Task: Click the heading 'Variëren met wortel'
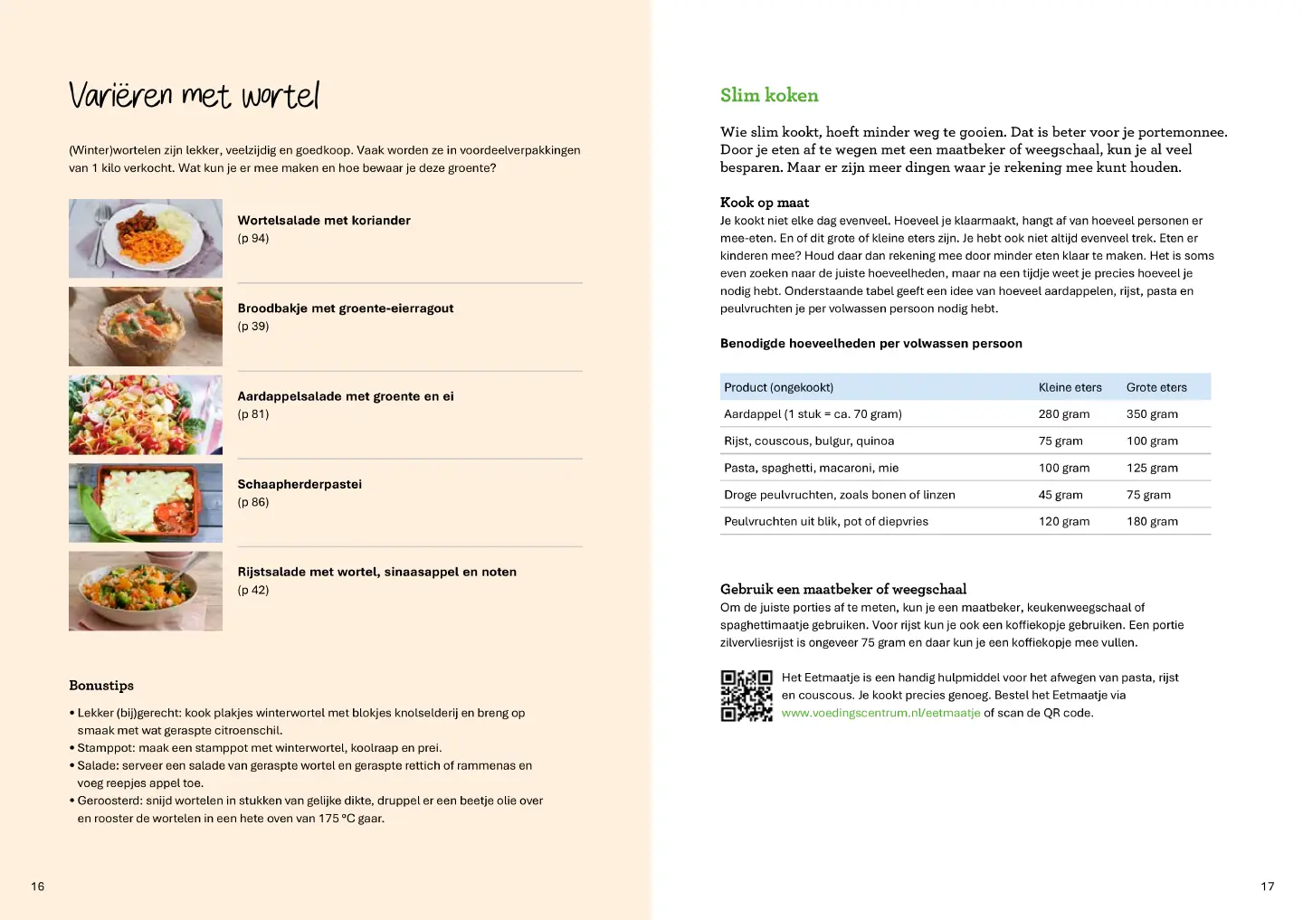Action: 194,95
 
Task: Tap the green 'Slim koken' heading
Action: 768,95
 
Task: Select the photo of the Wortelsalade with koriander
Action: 146,238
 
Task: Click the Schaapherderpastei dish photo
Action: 146,502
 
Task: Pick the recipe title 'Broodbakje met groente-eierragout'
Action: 345,308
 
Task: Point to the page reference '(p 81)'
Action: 253,414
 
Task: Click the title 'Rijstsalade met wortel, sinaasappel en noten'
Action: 376,572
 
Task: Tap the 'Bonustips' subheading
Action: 101,686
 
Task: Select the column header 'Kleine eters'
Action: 1070,387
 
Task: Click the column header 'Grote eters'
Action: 1156,387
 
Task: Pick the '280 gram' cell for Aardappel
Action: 1063,414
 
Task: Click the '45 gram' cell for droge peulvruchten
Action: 1060,495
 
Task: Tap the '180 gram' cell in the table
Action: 1151,522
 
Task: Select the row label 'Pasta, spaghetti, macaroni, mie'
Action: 811,468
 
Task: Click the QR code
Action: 746,696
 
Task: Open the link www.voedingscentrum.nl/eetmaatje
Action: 880,713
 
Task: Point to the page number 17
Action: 1267,887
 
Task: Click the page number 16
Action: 37,887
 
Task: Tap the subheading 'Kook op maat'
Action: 764,203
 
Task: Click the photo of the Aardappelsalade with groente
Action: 146,414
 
